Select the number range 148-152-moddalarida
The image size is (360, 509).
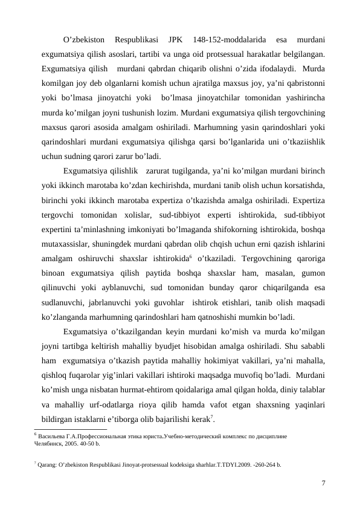pyautogui.click(x=227, y=41)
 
